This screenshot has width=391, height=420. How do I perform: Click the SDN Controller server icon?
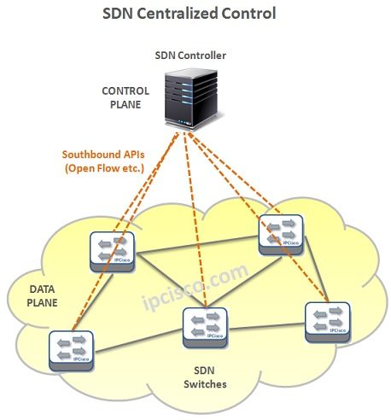coord(191,99)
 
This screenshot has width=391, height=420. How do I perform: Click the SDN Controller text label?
coord(190,55)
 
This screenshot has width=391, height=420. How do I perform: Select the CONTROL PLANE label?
coord(125,97)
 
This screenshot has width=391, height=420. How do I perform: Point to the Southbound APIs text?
coord(103,155)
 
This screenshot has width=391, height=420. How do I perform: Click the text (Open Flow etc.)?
coord(104,168)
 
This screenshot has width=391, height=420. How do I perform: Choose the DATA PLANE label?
coord(42,295)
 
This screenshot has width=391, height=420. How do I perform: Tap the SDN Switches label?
coord(205,377)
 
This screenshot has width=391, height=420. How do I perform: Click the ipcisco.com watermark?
coord(195,287)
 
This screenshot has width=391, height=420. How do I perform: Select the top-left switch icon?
coord(112,252)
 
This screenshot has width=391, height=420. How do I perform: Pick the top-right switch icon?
coord(281,235)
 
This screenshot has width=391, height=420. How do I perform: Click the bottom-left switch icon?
coord(71,351)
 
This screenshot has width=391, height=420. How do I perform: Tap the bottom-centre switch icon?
coord(205,328)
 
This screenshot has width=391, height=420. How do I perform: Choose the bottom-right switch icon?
coord(327,322)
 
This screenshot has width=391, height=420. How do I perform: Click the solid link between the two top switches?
coord(196,244)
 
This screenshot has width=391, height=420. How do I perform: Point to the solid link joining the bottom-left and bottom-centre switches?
coord(138,341)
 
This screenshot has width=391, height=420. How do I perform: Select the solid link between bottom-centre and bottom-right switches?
coord(266,326)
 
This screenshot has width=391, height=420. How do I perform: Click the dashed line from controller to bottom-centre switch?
coord(195,219)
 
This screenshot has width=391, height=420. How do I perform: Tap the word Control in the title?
coord(248,14)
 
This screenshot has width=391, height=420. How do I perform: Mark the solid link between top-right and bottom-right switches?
coord(315,268)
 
